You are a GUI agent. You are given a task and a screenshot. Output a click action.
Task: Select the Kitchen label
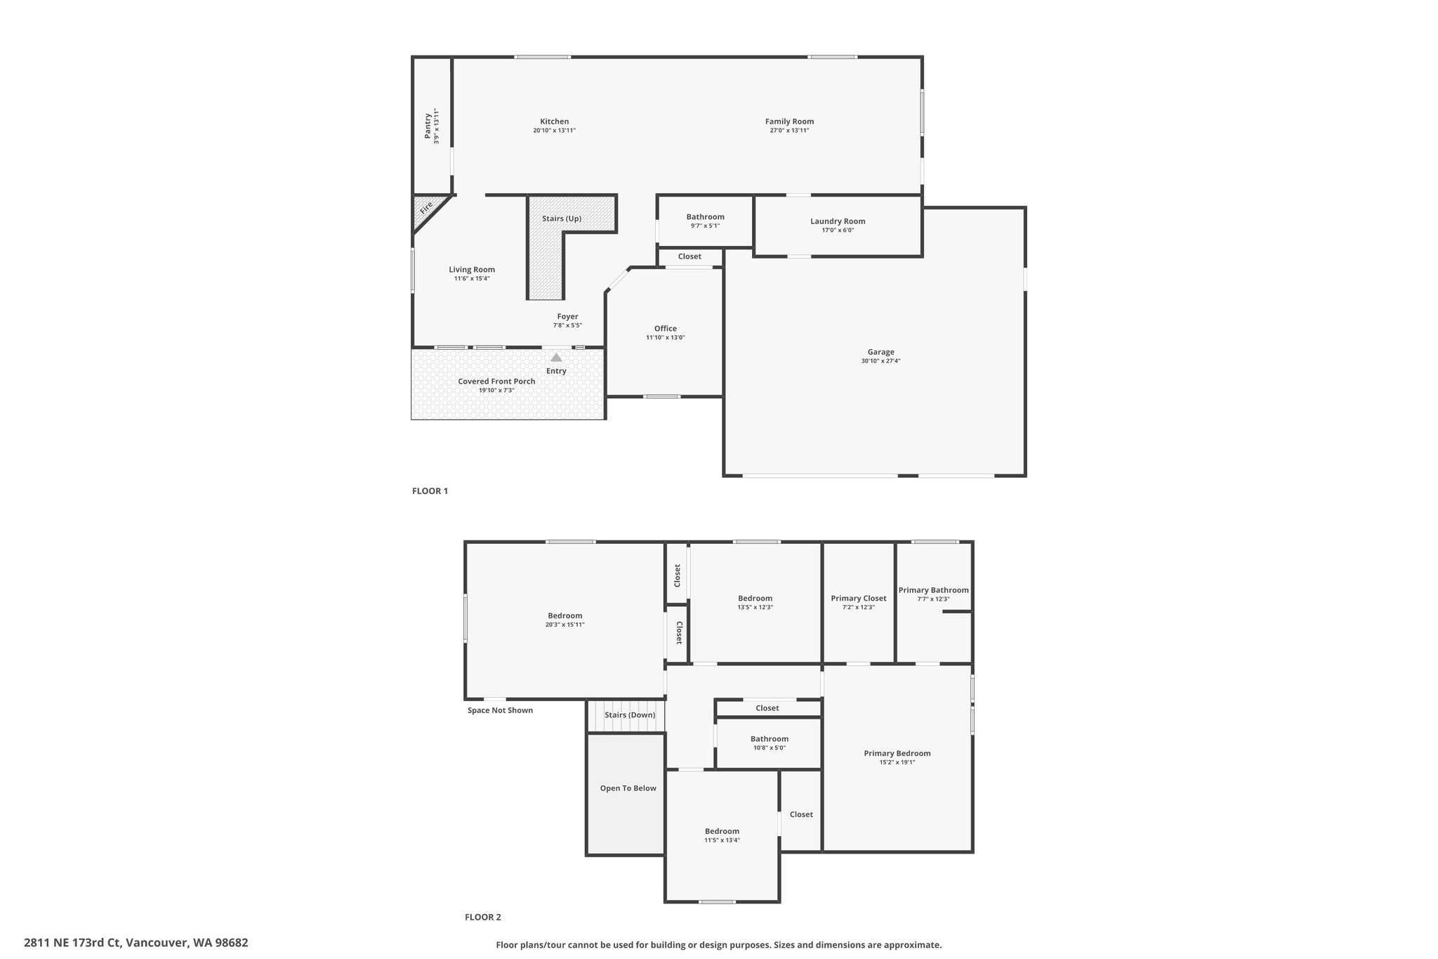(x=554, y=122)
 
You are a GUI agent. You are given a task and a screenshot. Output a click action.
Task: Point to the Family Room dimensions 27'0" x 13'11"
(x=789, y=131)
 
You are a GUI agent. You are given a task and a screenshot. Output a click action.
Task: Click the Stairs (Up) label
(x=562, y=218)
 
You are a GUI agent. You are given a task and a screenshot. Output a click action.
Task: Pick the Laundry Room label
(x=838, y=221)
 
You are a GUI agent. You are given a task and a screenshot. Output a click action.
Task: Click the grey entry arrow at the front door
(x=556, y=357)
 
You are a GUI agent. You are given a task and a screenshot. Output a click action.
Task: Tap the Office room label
(x=666, y=328)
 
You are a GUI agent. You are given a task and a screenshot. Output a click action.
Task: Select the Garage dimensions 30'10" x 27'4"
(x=880, y=361)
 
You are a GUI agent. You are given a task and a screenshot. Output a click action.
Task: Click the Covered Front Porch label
(x=496, y=381)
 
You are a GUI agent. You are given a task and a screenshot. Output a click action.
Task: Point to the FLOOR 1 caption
(x=430, y=491)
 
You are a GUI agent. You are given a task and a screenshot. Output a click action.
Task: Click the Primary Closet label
(x=859, y=599)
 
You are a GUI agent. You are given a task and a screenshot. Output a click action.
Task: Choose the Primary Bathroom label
(x=933, y=590)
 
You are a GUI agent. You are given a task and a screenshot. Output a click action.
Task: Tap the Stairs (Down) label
(x=630, y=715)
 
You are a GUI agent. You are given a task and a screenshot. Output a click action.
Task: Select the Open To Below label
(x=628, y=788)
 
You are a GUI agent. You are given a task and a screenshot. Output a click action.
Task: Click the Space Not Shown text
(x=500, y=710)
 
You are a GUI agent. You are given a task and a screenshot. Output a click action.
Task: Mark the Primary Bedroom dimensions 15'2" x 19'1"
(x=897, y=762)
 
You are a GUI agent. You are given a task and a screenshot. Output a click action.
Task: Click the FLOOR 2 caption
(x=483, y=917)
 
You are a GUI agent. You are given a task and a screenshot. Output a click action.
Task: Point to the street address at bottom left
(x=136, y=943)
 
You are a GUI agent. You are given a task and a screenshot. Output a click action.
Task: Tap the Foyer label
(x=567, y=316)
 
